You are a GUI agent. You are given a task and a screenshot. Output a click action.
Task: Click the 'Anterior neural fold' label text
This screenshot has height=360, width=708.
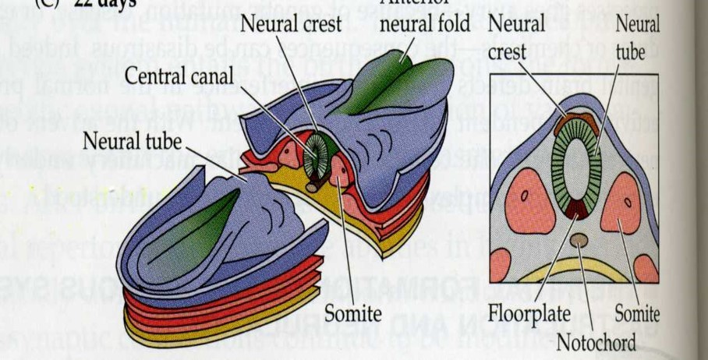(429, 23)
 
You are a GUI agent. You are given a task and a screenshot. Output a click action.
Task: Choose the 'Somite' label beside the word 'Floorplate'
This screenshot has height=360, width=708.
(636, 315)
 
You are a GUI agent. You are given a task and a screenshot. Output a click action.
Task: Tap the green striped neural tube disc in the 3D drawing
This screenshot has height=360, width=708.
(319, 151)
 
